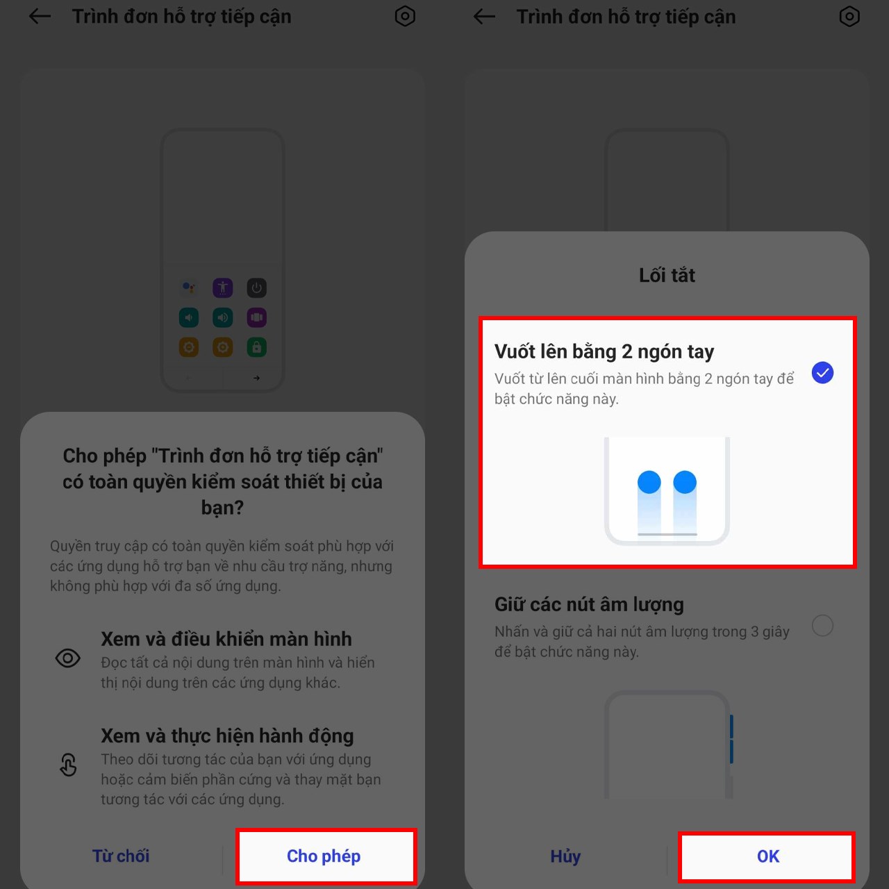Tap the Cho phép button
tap(324, 856)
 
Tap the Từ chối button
tap(121, 856)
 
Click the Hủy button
tap(565, 856)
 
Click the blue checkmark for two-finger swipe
tap(822, 373)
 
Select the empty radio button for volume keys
tap(822, 626)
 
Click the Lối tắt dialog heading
tap(667, 276)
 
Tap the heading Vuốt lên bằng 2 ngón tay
tap(604, 352)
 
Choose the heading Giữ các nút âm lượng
tap(589, 605)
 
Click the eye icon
tap(68, 658)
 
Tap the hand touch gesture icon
tap(68, 765)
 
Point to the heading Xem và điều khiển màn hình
tap(226, 639)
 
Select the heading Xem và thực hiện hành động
tap(227, 736)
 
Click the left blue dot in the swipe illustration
tap(649, 482)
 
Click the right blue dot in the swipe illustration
tap(685, 482)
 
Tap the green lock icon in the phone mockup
tap(257, 347)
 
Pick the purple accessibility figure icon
tap(223, 288)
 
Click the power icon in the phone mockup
tap(257, 288)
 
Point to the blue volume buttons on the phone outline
tap(731, 739)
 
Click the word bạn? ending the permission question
tap(222, 508)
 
